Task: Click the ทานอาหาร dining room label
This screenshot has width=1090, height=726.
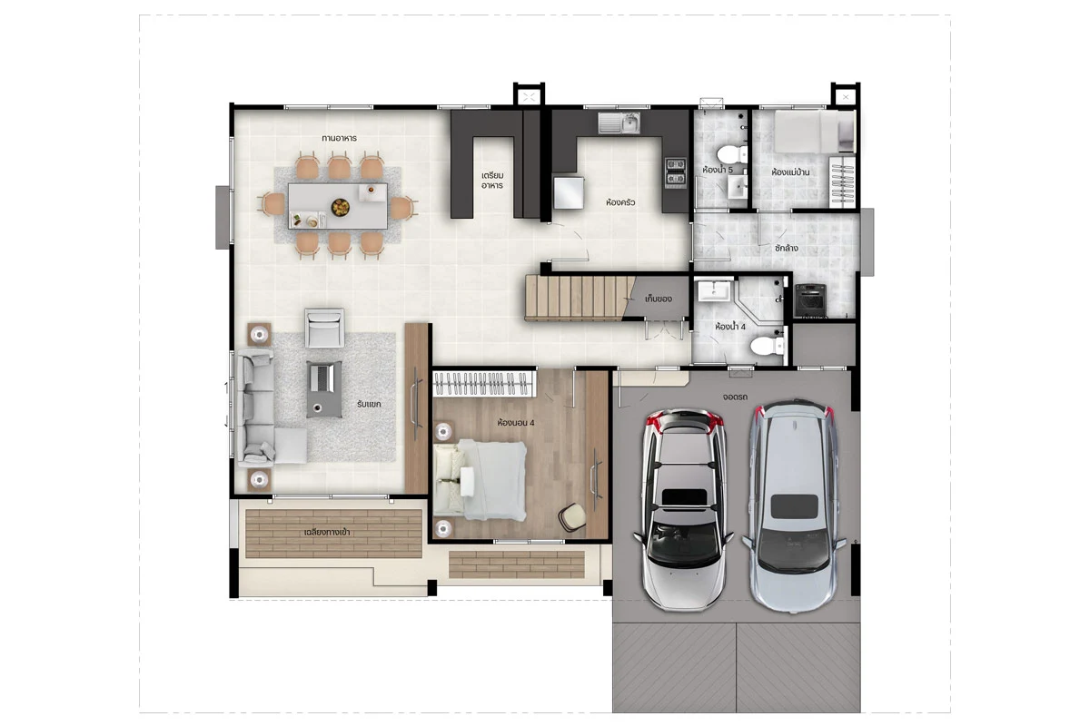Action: pyautogui.click(x=339, y=138)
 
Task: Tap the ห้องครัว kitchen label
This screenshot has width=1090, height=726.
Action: pyautogui.click(x=620, y=201)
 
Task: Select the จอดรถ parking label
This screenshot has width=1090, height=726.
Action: pyautogui.click(x=735, y=397)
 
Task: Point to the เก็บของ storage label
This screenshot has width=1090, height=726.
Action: pyautogui.click(x=659, y=299)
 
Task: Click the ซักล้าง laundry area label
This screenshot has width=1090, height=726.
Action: pyautogui.click(x=786, y=248)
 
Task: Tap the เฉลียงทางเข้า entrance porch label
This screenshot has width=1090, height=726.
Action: pyautogui.click(x=327, y=532)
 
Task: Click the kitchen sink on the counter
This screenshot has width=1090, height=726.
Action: pyautogui.click(x=619, y=123)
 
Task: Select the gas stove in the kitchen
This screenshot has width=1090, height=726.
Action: pyautogui.click(x=676, y=172)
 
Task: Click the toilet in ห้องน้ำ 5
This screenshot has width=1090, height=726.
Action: pyautogui.click(x=732, y=154)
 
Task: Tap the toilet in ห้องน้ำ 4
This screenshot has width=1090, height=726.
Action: pyautogui.click(x=768, y=347)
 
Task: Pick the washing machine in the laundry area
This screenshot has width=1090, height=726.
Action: pyautogui.click(x=810, y=300)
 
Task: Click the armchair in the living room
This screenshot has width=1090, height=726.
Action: pyautogui.click(x=324, y=328)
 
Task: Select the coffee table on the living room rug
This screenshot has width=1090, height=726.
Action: pyautogui.click(x=324, y=389)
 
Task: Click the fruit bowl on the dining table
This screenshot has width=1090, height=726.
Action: pyautogui.click(x=341, y=207)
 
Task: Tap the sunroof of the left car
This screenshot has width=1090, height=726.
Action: pyautogui.click(x=684, y=497)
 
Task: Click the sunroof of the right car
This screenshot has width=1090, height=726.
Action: pyautogui.click(x=794, y=506)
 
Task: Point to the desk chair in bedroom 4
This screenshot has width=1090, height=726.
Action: pyautogui.click(x=572, y=517)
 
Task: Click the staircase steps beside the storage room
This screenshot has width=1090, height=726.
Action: pyautogui.click(x=580, y=298)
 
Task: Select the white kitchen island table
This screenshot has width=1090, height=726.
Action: pyautogui.click(x=569, y=192)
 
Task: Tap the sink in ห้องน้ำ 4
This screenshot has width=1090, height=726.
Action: pyautogui.click(x=714, y=290)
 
